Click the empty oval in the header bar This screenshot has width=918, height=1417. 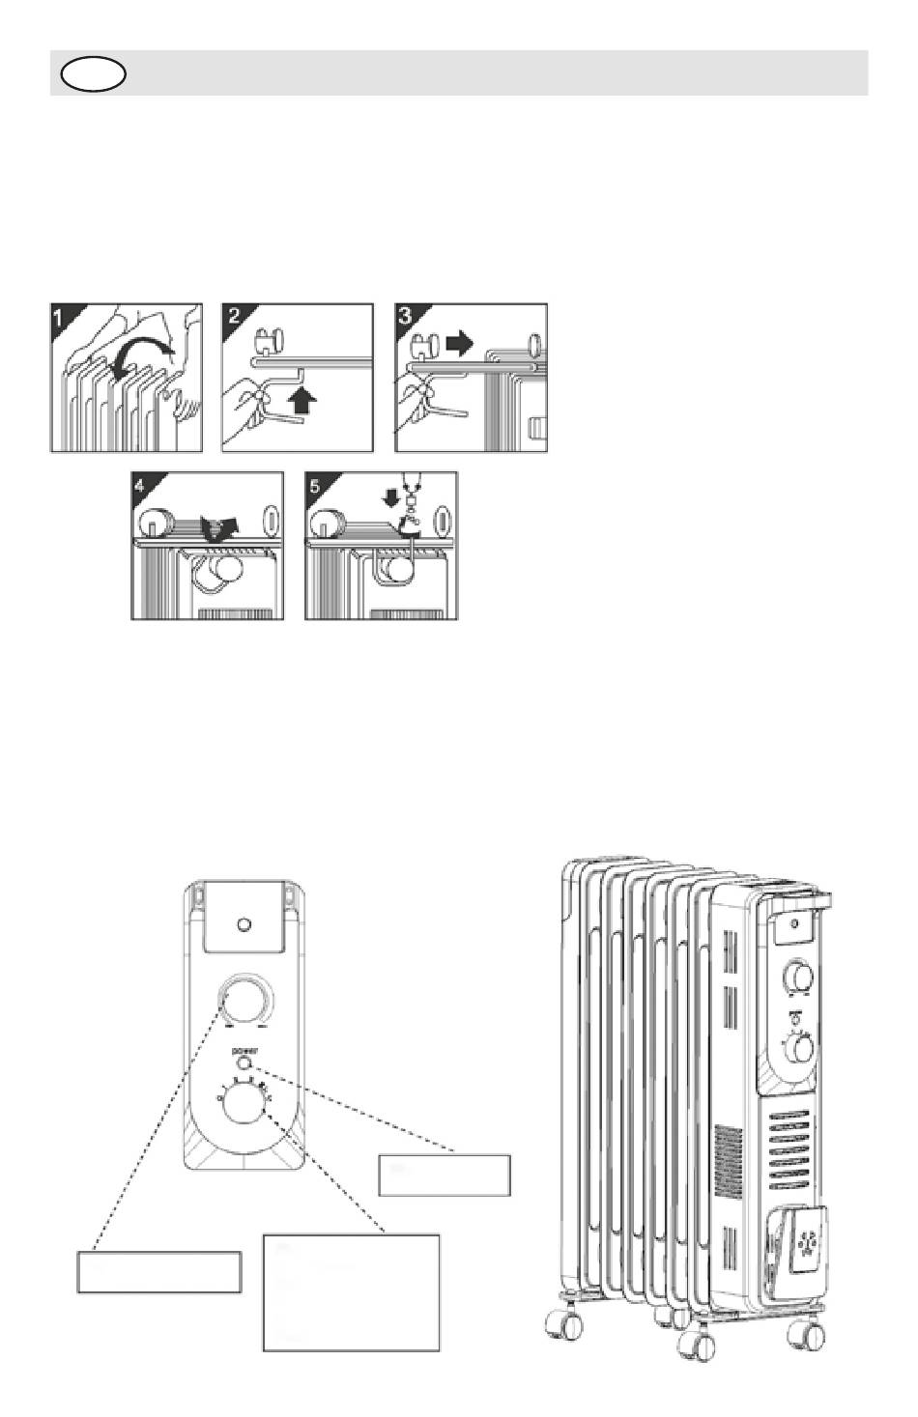click(93, 73)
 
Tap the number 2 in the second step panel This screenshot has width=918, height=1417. click(233, 316)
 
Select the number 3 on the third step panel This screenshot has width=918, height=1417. click(406, 316)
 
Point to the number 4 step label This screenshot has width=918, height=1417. click(141, 485)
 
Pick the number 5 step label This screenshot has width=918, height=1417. click(315, 485)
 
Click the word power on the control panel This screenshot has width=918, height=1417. click(244, 1049)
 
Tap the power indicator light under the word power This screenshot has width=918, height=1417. click(244, 1063)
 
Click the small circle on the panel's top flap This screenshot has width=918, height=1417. click(244, 924)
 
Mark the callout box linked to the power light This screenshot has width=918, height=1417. click(445, 1175)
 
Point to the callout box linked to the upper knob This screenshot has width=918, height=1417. click(158, 1271)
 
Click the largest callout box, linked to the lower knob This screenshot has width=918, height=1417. click(352, 1291)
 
